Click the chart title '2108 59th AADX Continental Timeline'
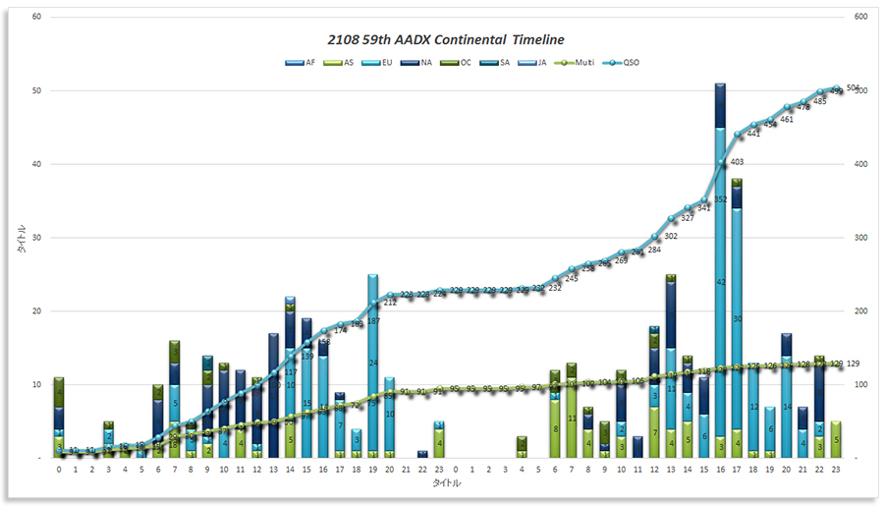point(446,40)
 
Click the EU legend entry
point(381,62)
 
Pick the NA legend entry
point(420,62)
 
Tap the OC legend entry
point(459,62)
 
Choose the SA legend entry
point(498,62)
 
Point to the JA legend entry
point(536,62)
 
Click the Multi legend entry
point(579,62)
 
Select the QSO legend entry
point(627,62)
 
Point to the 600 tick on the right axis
point(860,18)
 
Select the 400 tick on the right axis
point(860,164)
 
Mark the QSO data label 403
point(737,162)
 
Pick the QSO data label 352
point(719,199)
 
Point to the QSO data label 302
point(671,236)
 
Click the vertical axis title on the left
point(21,238)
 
